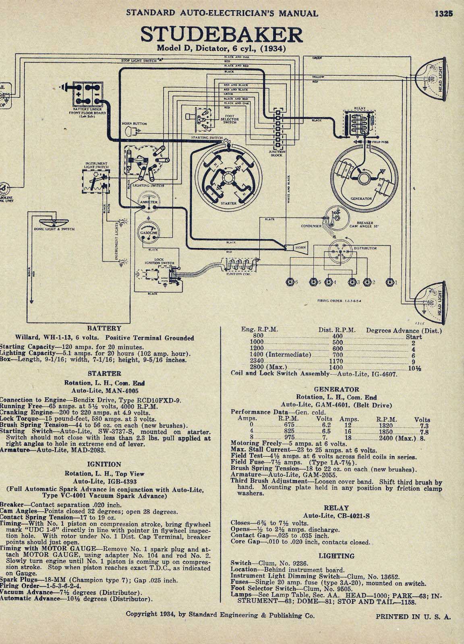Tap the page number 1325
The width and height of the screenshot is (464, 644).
point(444,12)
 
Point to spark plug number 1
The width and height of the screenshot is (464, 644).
point(389,282)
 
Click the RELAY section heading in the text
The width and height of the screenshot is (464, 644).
point(336,508)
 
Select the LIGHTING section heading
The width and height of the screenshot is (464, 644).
point(336,556)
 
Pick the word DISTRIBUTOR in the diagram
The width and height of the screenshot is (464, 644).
point(365,248)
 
